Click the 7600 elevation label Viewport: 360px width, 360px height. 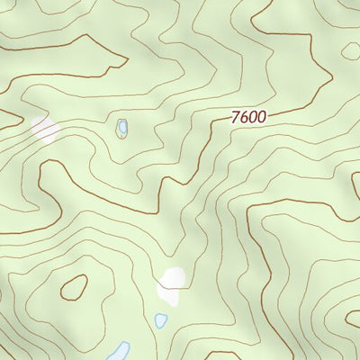click(247, 117)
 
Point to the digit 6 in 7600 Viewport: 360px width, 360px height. click(244, 117)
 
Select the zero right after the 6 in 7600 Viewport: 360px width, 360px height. click(252, 117)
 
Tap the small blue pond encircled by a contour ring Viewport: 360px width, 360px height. click(121, 129)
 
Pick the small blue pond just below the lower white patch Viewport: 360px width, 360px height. click(161, 320)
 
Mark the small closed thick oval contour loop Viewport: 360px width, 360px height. click(74, 287)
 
